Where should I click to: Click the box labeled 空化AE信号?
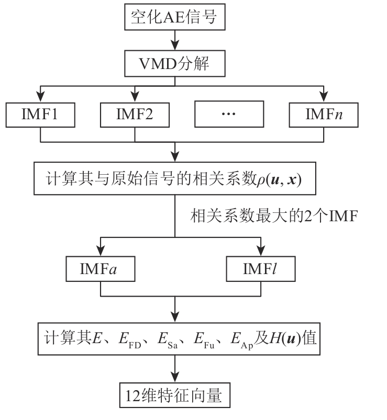(x=174, y=18)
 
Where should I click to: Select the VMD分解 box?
(x=174, y=65)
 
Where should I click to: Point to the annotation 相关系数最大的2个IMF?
(x=273, y=215)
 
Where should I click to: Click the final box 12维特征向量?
(x=175, y=396)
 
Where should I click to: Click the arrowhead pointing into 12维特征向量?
(x=174, y=378)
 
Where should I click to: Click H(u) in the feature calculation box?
(x=282, y=338)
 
